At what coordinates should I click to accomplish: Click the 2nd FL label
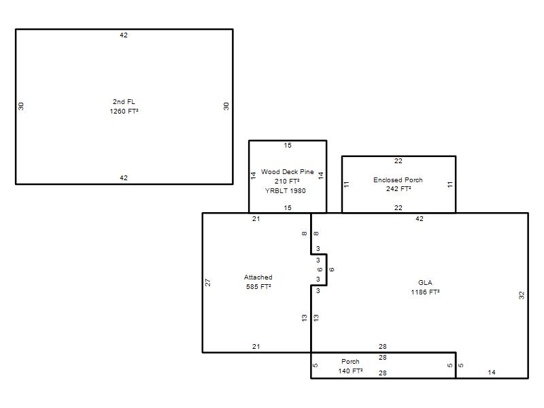pos(124,101)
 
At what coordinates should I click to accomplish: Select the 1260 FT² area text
pos(124,111)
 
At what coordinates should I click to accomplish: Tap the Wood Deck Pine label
pos(287,172)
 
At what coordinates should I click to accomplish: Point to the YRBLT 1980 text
pos(285,190)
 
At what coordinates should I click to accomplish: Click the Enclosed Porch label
pos(398,180)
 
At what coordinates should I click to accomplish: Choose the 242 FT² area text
pos(398,189)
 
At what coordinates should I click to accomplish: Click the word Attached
pos(258,277)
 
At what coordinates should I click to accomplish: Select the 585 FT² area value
pos(258,286)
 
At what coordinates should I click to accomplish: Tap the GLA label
pos(425,282)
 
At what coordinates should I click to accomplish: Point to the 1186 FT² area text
pos(425,292)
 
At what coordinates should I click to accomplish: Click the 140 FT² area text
pos(350,371)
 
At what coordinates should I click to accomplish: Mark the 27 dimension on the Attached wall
pos(207,282)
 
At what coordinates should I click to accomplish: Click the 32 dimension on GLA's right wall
pos(522,295)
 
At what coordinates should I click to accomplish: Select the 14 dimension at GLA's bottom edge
pos(491,372)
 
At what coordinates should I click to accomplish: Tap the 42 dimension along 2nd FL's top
pos(124,35)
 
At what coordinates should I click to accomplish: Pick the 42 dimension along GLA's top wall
pos(420,218)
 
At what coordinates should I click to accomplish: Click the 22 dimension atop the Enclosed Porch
pos(398,161)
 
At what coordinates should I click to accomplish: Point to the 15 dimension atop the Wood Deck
pos(288,146)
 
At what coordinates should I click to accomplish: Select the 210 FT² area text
pos(287,181)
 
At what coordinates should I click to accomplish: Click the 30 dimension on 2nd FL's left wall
pos(21,106)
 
